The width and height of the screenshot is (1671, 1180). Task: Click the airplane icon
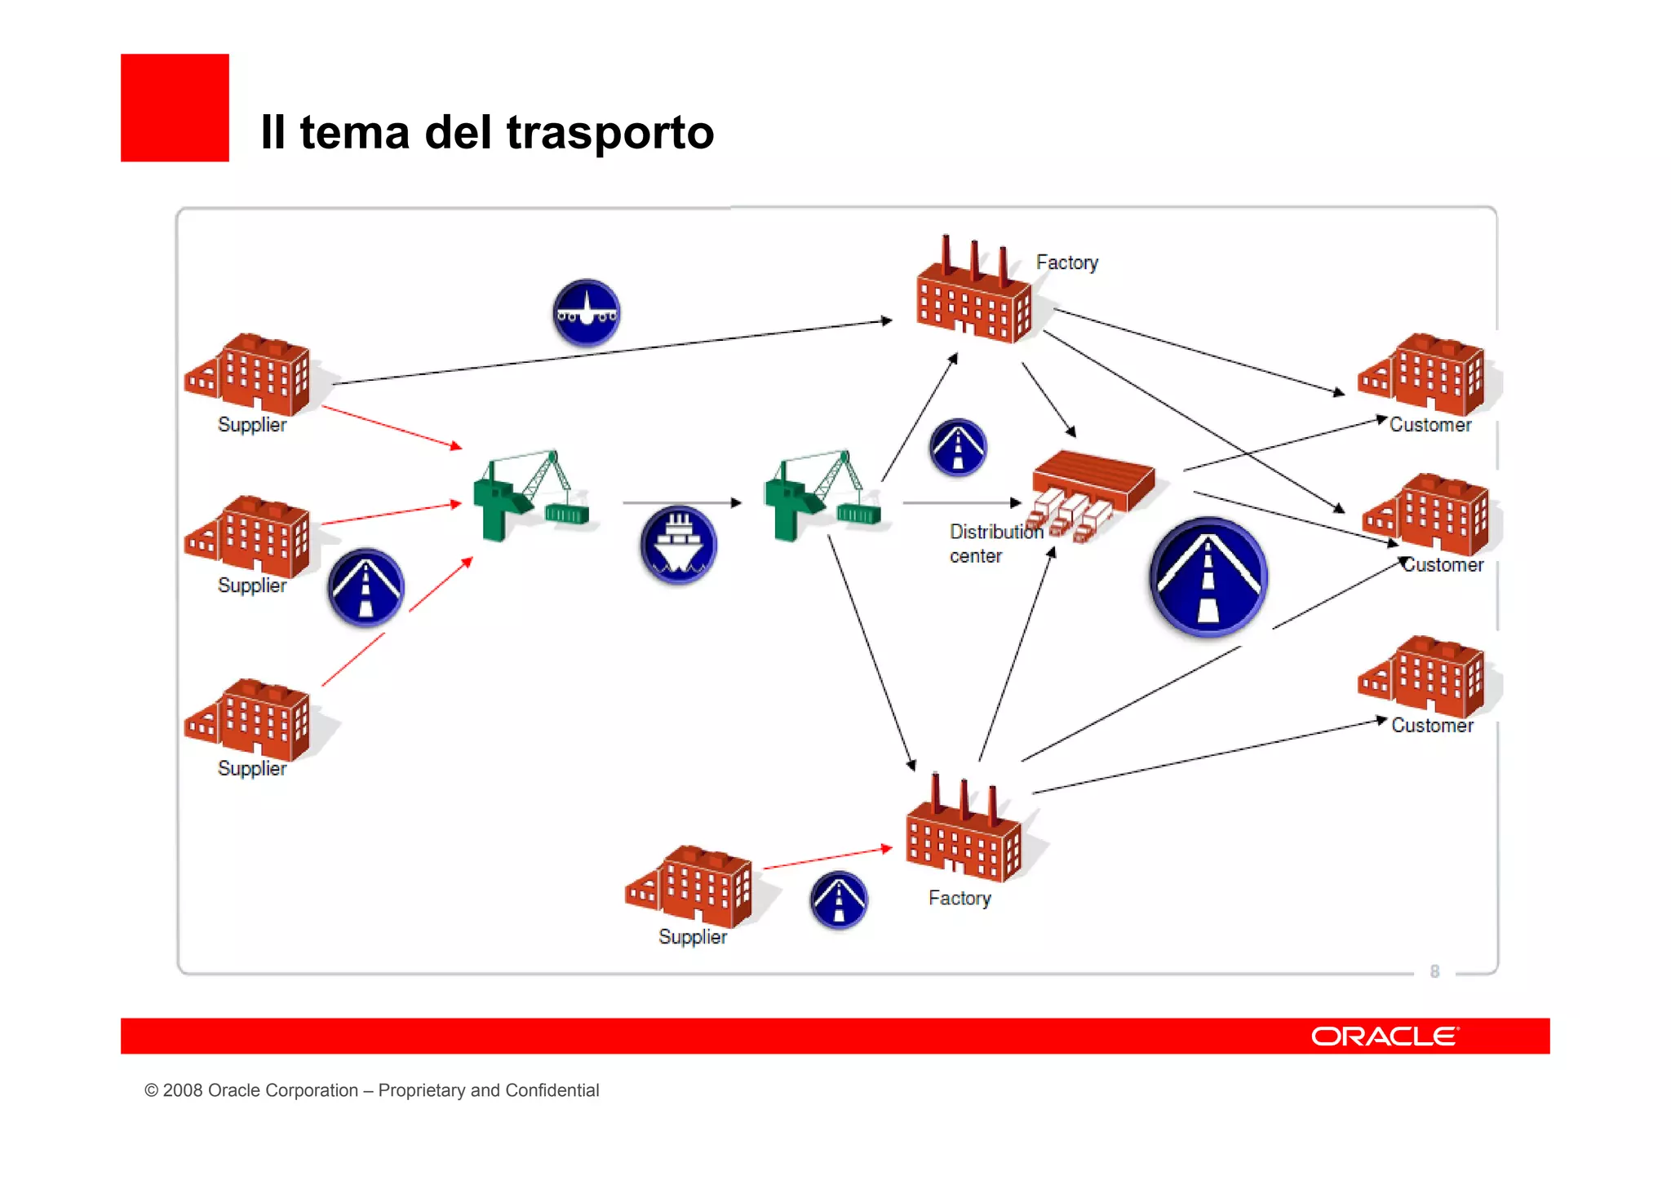pos(586,313)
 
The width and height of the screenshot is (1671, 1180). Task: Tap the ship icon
pos(678,545)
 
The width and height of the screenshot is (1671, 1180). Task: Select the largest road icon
pos(1208,577)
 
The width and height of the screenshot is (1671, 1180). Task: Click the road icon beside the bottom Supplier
pos(838,900)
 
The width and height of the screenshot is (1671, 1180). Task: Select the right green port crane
pos(820,497)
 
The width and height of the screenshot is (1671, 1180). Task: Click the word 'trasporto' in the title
pos(609,132)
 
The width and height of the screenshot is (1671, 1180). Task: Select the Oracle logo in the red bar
pos(1385,1036)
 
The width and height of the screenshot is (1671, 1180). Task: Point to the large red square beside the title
pos(175,108)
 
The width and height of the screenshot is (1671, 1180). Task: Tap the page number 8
pos(1434,971)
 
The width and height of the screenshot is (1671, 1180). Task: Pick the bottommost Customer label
pos(1432,726)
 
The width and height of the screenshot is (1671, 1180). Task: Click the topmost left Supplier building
pos(249,375)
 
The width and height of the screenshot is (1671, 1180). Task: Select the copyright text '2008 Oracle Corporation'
pos(260,1090)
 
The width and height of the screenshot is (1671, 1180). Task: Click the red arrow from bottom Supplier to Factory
pos(826,858)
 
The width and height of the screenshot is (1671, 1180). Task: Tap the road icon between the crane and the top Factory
pos(958,447)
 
